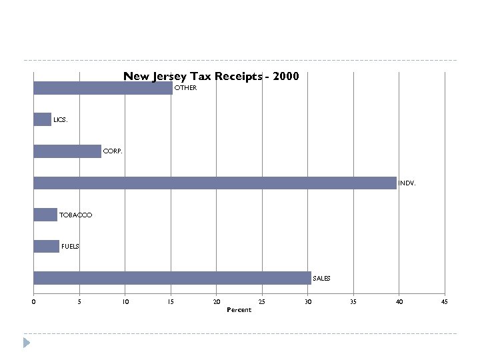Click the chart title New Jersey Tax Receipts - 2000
[x=211, y=77]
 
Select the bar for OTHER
[x=103, y=88]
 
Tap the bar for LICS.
[x=42, y=120]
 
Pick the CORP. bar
[x=67, y=151]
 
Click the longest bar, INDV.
[x=215, y=183]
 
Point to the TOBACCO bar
[x=45, y=215]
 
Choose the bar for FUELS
[x=46, y=246]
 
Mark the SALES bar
[x=172, y=278]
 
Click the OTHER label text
[x=186, y=88]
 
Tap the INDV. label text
[x=407, y=183]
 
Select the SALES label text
[x=321, y=278]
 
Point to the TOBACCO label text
[x=76, y=215]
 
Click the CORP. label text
[x=113, y=152]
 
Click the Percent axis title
[x=239, y=310]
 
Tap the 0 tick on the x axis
[x=33, y=302]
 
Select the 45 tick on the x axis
[x=445, y=302]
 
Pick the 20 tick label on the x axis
[x=216, y=302]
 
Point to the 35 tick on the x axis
[x=353, y=302]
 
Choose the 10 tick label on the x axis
[x=125, y=302]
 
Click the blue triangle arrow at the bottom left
[x=27, y=343]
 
